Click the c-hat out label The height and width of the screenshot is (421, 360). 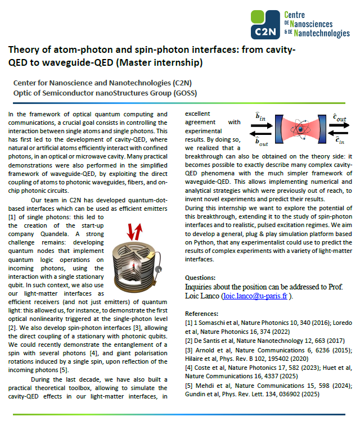point(340,118)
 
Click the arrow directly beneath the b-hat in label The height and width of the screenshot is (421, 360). point(260,126)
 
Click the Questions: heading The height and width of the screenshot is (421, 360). point(200,278)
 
